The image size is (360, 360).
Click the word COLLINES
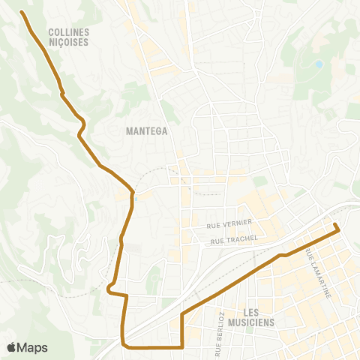pyautogui.click(x=68, y=32)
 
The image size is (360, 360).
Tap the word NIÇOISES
pyautogui.click(x=68, y=42)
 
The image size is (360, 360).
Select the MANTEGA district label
pyautogui.click(x=146, y=130)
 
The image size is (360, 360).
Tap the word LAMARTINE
pyautogui.click(x=319, y=278)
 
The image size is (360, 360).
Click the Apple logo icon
pyautogui.click(x=11, y=347)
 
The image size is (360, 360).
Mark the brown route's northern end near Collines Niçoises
pyautogui.click(x=21, y=12)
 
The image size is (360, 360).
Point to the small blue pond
pyautogui.click(x=319, y=64)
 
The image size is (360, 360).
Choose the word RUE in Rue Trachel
pyautogui.click(x=218, y=240)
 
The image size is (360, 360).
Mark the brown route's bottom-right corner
pyautogui.click(x=183, y=347)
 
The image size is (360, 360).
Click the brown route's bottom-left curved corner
pyautogui.click(x=124, y=345)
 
